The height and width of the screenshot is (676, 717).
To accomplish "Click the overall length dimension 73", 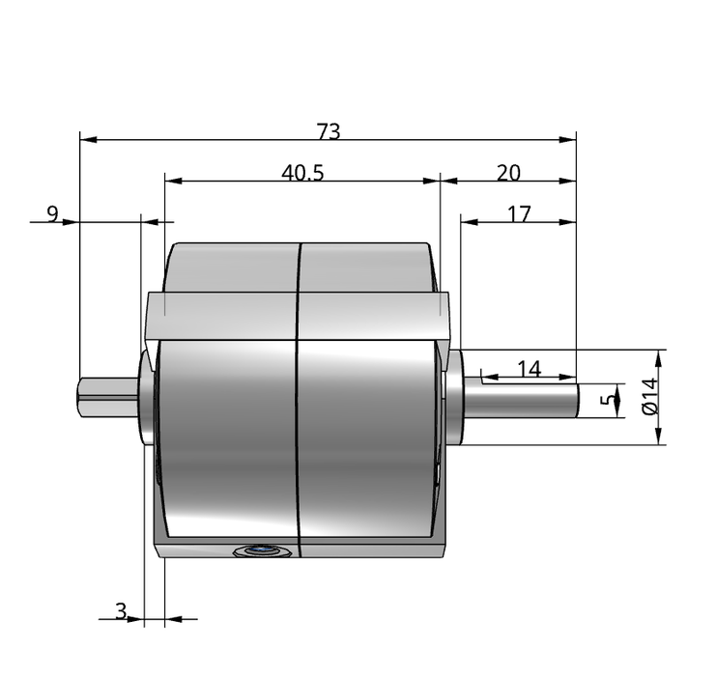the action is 329,131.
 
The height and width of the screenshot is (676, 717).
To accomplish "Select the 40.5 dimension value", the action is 302,173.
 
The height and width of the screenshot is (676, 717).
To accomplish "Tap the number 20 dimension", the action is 508,173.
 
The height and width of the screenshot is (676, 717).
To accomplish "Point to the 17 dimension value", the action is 519,213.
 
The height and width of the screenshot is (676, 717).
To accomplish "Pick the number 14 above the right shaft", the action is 530,368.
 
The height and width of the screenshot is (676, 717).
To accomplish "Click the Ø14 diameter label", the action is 650,396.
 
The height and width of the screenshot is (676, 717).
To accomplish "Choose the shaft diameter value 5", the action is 607,400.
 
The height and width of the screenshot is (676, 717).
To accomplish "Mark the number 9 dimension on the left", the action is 53,213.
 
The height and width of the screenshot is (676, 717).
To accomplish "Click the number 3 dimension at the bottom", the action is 121,610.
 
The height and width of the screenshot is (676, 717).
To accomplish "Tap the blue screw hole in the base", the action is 262,550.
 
